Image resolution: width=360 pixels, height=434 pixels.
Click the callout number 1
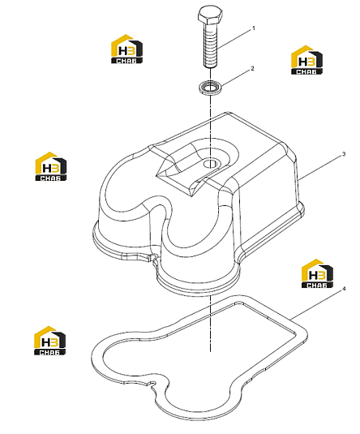(x=253, y=28)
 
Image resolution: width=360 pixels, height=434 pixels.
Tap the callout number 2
(x=252, y=68)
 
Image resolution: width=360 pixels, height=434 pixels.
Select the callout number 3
(x=344, y=154)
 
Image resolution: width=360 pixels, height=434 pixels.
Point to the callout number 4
(x=344, y=289)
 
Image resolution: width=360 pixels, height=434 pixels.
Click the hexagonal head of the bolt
(x=210, y=15)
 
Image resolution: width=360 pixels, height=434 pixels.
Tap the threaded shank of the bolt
(x=210, y=45)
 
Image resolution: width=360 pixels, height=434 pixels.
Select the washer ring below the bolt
(x=210, y=87)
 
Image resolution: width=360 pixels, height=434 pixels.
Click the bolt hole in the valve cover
(x=210, y=164)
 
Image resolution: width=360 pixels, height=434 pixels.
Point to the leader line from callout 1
(x=234, y=39)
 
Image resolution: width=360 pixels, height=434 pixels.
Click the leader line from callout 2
(x=235, y=78)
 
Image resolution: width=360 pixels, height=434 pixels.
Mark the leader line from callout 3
(x=320, y=167)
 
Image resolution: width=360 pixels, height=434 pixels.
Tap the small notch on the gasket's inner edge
(x=152, y=384)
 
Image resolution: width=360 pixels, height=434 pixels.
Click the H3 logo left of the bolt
(x=126, y=49)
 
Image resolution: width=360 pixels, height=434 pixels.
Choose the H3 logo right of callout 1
(x=306, y=60)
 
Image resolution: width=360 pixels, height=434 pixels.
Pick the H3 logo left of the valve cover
(x=51, y=166)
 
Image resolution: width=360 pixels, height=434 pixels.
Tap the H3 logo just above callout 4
(x=317, y=273)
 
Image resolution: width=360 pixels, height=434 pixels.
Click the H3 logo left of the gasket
(x=49, y=341)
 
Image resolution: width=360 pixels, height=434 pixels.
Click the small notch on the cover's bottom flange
(x=152, y=258)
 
